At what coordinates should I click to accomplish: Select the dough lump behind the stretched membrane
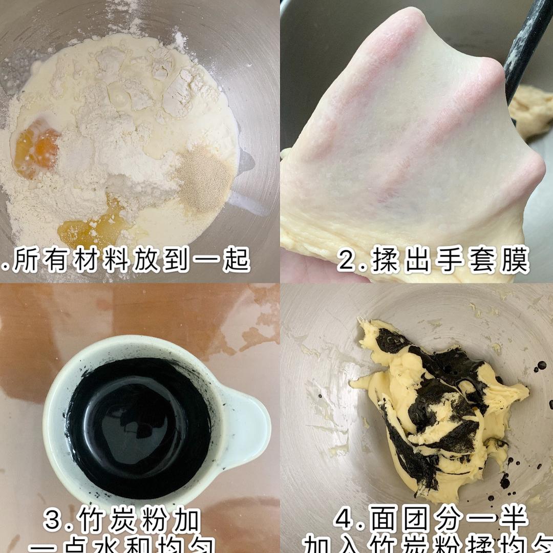click(533, 110)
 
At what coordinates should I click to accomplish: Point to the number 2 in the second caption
click(349, 261)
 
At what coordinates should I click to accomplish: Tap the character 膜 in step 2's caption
click(513, 261)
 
